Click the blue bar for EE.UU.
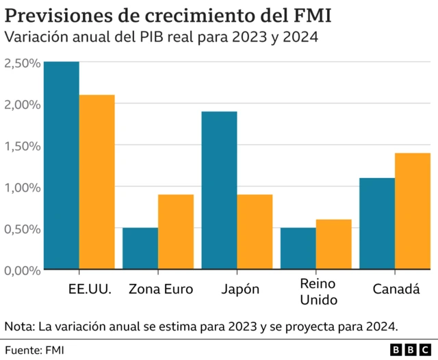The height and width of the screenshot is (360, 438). click(x=62, y=166)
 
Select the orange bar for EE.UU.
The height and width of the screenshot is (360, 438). click(x=96, y=182)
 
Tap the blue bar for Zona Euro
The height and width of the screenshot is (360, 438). click(x=140, y=248)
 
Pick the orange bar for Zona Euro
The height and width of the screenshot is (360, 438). click(x=176, y=232)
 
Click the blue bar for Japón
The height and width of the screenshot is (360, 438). click(x=220, y=190)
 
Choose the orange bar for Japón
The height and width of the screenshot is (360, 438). click(x=255, y=232)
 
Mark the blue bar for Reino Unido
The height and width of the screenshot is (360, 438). click(x=298, y=248)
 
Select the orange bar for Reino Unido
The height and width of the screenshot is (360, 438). click(x=333, y=244)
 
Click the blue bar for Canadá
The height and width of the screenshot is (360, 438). click(x=377, y=224)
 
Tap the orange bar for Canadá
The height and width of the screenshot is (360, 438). click(x=413, y=211)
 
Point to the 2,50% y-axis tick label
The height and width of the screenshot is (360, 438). click(x=21, y=63)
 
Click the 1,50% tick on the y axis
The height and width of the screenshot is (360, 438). click(x=21, y=146)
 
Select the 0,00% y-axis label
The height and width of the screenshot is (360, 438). click(x=21, y=270)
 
